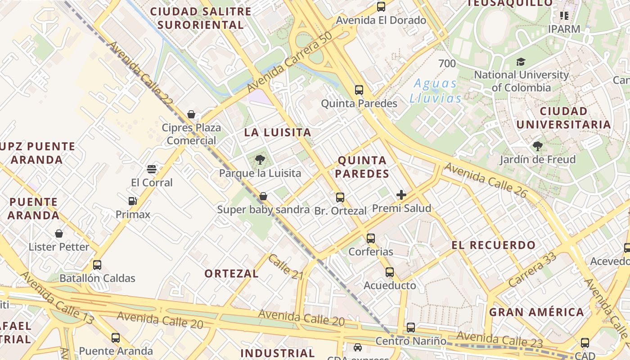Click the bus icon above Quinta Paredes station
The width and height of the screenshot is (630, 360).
359,90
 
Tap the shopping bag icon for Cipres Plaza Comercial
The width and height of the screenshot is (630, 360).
191,114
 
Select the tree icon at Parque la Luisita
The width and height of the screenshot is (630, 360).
260,159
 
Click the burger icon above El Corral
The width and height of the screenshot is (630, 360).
152,169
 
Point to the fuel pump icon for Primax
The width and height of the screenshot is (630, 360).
132,201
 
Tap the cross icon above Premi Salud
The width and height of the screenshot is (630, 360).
401,195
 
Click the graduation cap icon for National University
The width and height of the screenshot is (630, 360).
521,62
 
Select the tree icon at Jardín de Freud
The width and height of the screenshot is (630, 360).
537,146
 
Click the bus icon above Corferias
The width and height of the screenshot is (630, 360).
370,238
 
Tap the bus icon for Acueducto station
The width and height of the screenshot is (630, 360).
389,272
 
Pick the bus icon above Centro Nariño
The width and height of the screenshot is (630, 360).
410,328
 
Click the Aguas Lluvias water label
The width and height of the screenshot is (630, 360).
436,91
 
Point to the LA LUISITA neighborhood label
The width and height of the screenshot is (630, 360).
278,132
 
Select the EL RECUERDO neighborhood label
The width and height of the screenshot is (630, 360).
494,245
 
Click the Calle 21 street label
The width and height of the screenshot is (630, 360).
285,266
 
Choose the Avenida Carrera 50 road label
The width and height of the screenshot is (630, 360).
289,62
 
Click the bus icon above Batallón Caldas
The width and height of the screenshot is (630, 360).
97,265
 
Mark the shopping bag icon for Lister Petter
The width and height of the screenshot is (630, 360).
59,234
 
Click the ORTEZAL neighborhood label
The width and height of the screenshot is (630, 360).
231,274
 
